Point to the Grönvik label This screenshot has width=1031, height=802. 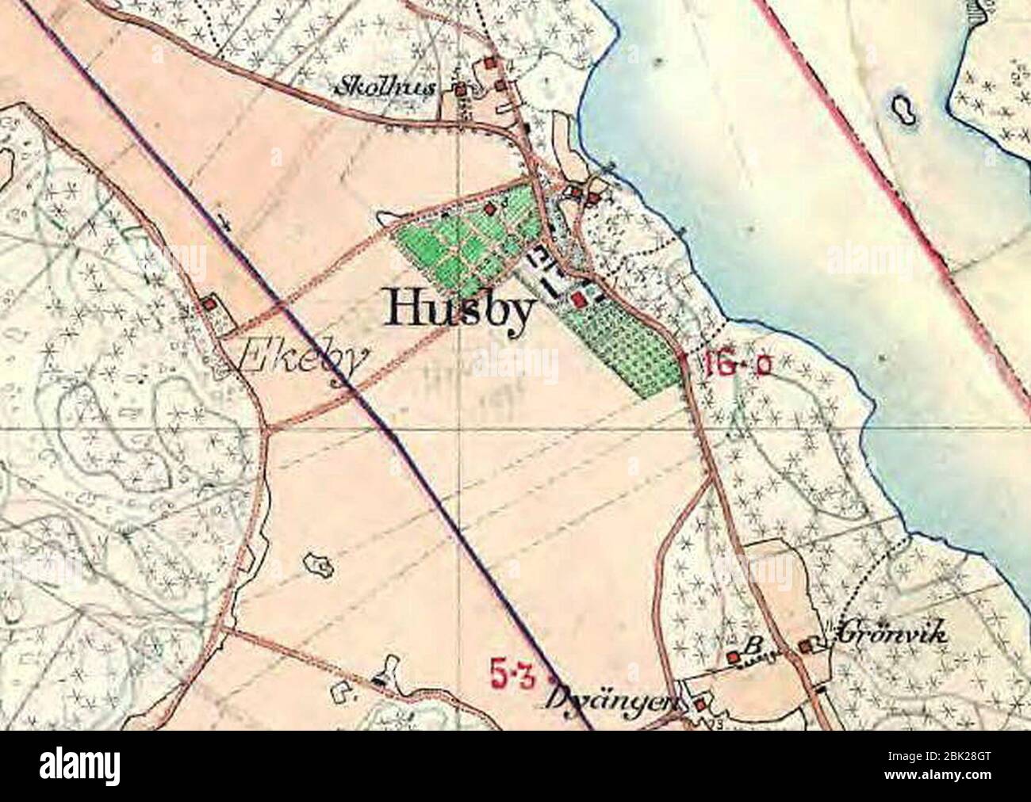pyautogui.click(x=892, y=633)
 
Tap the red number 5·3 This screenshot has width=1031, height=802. pyautogui.click(x=514, y=676)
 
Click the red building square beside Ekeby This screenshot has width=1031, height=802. pyautogui.click(x=209, y=303)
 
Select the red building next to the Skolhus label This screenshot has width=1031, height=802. pyautogui.click(x=459, y=90)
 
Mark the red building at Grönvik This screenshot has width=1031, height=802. pyautogui.click(x=806, y=647)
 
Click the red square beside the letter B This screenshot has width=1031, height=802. pyautogui.click(x=733, y=657)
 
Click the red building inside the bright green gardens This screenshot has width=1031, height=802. pyautogui.click(x=490, y=208)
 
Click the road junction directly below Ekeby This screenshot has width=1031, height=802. pyautogui.click(x=270, y=428)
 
